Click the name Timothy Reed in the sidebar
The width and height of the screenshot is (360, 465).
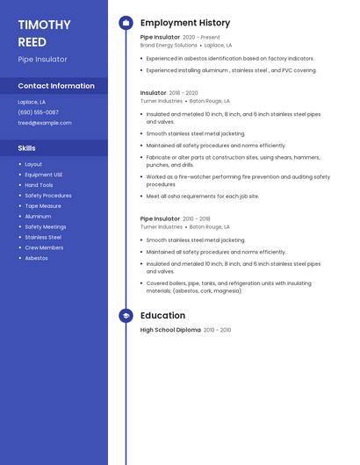pyautogui.click(x=38, y=32)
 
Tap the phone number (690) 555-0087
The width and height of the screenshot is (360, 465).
pyautogui.click(x=38, y=112)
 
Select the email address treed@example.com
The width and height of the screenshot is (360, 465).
pyautogui.click(x=44, y=123)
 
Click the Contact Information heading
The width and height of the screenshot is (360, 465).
pyautogui.click(x=56, y=86)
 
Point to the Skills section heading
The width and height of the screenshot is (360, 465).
pyautogui.click(x=26, y=148)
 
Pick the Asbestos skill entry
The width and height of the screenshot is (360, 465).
pyautogui.click(x=36, y=258)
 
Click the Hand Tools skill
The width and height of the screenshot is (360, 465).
pyautogui.click(x=39, y=185)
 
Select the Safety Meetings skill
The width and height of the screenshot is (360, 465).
pyautogui.click(x=45, y=226)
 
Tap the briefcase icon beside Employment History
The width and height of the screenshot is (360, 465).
pyautogui.click(x=126, y=23)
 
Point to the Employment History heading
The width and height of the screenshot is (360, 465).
pyautogui.click(x=185, y=23)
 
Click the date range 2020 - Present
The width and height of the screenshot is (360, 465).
pyautogui.click(x=202, y=38)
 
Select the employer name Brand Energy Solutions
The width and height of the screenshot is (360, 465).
pyautogui.click(x=169, y=45)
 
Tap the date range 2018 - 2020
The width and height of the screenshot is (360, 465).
pyautogui.click(x=184, y=93)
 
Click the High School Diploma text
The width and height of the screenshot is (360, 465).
pyautogui.click(x=170, y=330)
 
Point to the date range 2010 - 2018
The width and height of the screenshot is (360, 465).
pyautogui.click(x=197, y=218)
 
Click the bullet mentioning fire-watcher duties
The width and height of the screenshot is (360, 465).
pyautogui.click(x=237, y=181)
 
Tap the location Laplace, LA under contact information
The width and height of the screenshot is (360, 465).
pyautogui.click(x=32, y=102)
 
